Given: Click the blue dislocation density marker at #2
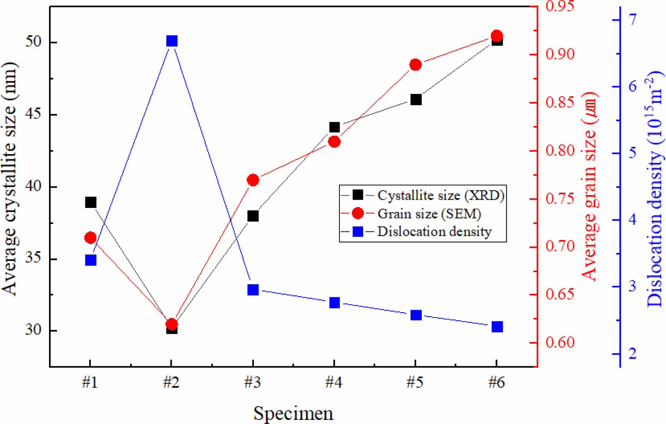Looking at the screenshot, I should pyautogui.click(x=172, y=41).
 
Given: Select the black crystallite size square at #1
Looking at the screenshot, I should pyautogui.click(x=91, y=203).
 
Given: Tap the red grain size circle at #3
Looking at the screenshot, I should pyautogui.click(x=253, y=180).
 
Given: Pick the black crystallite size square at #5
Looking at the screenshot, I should pyautogui.click(x=416, y=100).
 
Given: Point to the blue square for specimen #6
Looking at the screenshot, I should pyautogui.click(x=497, y=327).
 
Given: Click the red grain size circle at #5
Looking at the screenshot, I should pyautogui.click(x=416, y=65).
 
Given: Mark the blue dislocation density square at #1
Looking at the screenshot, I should pyautogui.click(x=91, y=260).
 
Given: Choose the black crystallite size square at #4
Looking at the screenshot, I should pyautogui.click(x=335, y=127).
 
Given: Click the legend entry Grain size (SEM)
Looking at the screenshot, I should pyautogui.click(x=429, y=214).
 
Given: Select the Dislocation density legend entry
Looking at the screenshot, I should pyautogui.click(x=434, y=232).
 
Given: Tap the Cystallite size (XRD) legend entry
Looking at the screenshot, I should pyautogui.click(x=441, y=195).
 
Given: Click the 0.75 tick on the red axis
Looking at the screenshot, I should pyautogui.click(x=560, y=199).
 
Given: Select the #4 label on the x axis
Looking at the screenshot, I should pyautogui.click(x=334, y=383).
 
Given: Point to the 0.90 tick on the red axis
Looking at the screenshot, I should pyautogui.click(x=560, y=54).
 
